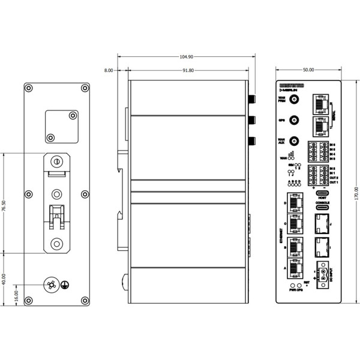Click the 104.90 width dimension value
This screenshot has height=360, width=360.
(187, 57)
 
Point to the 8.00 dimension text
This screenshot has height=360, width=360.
(109, 71)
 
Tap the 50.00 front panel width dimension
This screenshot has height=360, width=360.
(309, 71)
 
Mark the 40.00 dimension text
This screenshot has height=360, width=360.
(5, 280)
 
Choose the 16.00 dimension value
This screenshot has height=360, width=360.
(16, 297)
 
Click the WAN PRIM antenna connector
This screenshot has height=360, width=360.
(295, 100)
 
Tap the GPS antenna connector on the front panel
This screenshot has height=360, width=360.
(295, 121)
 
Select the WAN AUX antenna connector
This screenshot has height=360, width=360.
(295, 142)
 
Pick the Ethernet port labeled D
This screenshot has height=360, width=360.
(295, 204)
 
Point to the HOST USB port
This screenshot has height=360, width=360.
(322, 193)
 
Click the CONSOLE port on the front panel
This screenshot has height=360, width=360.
(322, 210)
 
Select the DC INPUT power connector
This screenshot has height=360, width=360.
(323, 274)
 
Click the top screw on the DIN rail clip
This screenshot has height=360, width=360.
(56, 161)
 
